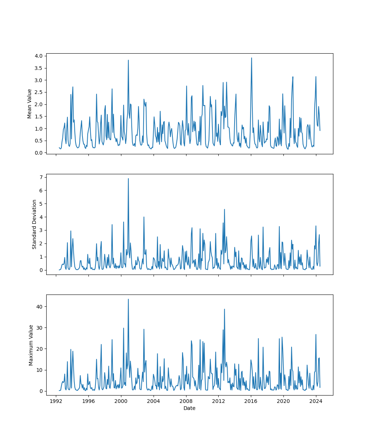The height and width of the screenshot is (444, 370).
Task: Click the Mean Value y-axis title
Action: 30,104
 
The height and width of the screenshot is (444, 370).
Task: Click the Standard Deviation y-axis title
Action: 34,224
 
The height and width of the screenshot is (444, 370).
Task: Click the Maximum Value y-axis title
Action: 31,345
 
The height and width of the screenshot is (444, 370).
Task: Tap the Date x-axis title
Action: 189,408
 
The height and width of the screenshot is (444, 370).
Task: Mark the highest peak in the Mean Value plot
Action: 252,58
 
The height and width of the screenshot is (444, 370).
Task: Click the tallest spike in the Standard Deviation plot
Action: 128,178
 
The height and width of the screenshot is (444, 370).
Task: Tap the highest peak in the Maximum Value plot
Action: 128,299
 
